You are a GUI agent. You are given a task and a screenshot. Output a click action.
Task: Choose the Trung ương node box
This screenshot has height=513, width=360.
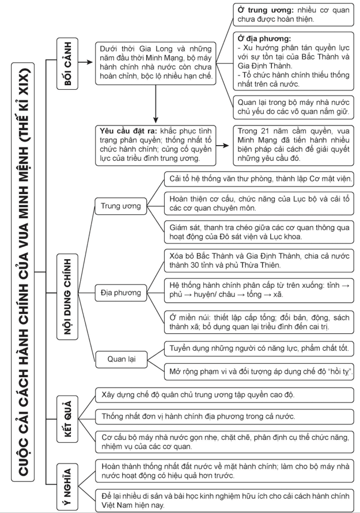(x=122, y=206)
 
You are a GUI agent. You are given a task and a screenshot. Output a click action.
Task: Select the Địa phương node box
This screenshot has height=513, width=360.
(x=120, y=293)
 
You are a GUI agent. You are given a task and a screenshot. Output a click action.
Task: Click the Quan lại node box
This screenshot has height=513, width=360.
(x=120, y=359)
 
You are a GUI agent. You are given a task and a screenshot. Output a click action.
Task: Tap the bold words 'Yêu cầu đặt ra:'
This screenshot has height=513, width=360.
(x=128, y=131)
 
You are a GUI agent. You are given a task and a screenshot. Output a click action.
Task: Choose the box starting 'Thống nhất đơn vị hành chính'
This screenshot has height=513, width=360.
(x=223, y=416)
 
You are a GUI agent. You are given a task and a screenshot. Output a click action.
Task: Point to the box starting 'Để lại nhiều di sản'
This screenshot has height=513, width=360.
(x=223, y=499)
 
